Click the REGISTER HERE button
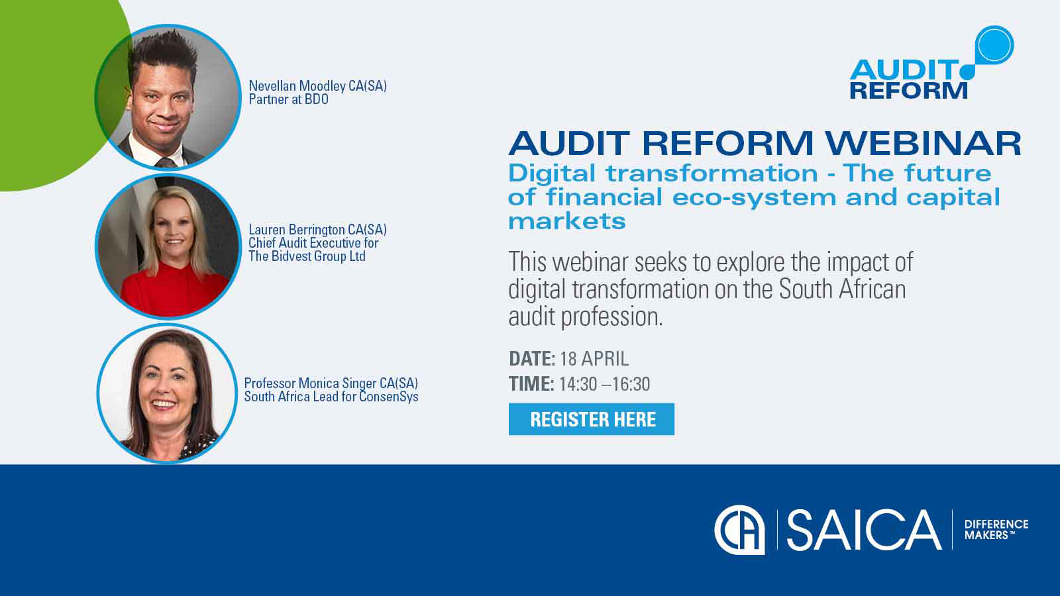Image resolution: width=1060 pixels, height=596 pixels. tap(592, 419)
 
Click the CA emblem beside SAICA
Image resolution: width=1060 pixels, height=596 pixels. tap(739, 530)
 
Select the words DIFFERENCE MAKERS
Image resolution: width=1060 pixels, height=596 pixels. tap(996, 529)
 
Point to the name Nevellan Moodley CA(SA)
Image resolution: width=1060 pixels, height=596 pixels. tap(317, 86)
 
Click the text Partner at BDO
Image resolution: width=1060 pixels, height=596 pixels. tap(288, 99)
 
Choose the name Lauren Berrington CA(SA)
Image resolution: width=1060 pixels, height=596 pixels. tap(317, 230)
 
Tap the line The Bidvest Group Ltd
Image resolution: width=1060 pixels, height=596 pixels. tap(307, 256)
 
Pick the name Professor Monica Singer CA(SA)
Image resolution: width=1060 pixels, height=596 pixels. tap(331, 383)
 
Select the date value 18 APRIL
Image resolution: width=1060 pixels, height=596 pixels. tap(594, 359)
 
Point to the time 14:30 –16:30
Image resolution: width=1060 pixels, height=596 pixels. tap(604, 384)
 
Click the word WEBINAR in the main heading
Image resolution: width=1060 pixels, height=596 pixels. tap(923, 143)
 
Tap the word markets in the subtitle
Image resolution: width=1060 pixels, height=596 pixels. tap(566, 221)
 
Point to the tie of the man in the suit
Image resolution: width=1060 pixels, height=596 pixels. tap(166, 162)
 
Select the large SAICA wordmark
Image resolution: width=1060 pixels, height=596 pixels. tap(863, 530)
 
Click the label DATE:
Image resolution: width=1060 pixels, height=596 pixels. tap(531, 359)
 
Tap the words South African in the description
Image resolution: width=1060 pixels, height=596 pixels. tap(841, 289)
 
